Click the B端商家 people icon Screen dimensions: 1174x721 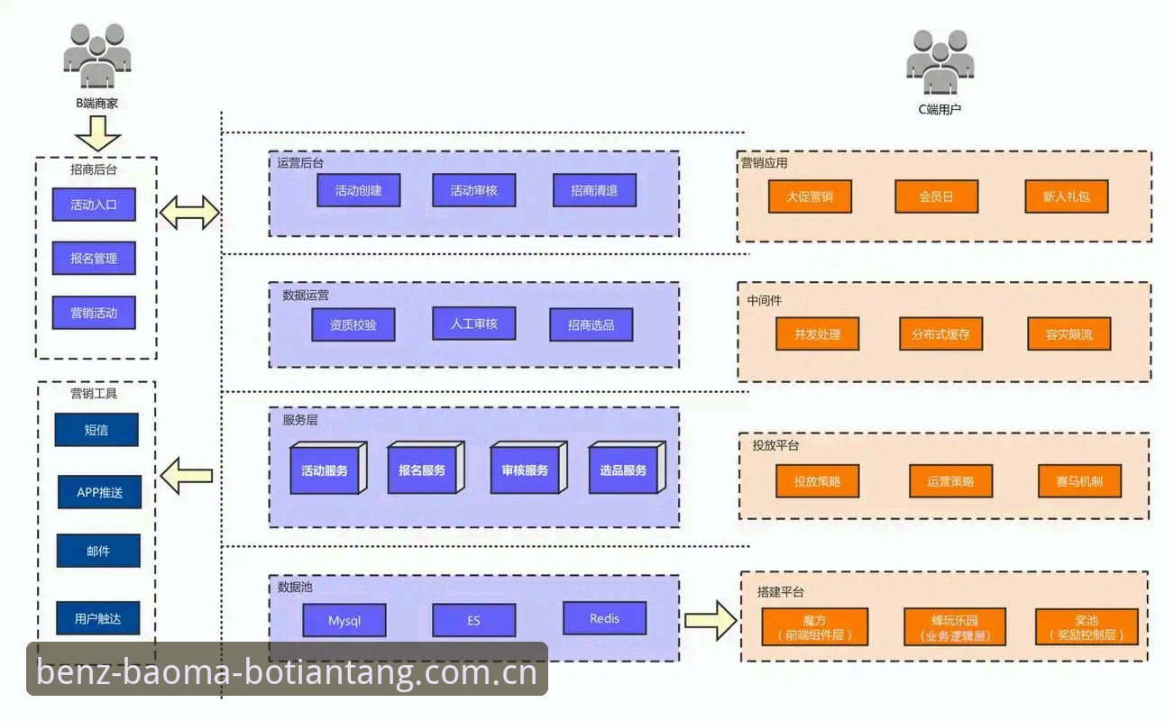pyautogui.click(x=97, y=56)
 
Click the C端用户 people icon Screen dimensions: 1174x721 pyautogui.click(x=940, y=62)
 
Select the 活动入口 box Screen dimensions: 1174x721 pyautogui.click(x=94, y=205)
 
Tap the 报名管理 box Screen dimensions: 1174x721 pyautogui.click(x=94, y=258)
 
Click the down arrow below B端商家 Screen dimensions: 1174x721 pyautogui.click(x=98, y=133)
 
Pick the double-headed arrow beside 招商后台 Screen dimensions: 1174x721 pyautogui.click(x=189, y=212)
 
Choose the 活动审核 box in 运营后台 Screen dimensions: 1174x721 pyautogui.click(x=473, y=190)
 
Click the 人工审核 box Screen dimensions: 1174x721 pyautogui.click(x=473, y=324)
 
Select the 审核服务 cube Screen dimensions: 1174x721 pyautogui.click(x=528, y=468)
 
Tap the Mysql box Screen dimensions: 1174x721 pyautogui.click(x=344, y=620)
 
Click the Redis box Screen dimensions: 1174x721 pyautogui.click(x=604, y=618)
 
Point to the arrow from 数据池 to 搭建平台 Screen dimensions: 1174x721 pyautogui.click(x=711, y=620)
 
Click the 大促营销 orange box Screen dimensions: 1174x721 pyautogui.click(x=810, y=196)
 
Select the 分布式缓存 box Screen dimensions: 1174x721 pyautogui.click(x=940, y=333)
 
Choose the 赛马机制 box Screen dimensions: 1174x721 pyautogui.click(x=1079, y=481)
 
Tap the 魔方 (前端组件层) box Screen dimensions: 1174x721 pyautogui.click(x=814, y=626)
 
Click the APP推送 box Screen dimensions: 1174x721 pyautogui.click(x=99, y=492)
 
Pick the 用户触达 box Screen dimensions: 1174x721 pyautogui.click(x=98, y=618)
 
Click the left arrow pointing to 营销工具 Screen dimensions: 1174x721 pyautogui.click(x=186, y=476)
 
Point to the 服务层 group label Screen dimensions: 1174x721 pyautogui.click(x=299, y=420)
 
